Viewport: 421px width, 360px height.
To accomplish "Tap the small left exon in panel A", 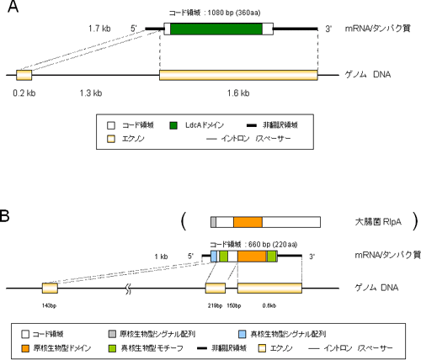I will (x=24, y=76).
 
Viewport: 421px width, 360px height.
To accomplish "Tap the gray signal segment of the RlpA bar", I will (x=213, y=222).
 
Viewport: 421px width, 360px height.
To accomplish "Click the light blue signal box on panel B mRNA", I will (x=214, y=256).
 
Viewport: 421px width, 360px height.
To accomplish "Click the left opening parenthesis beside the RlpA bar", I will (x=183, y=223).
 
